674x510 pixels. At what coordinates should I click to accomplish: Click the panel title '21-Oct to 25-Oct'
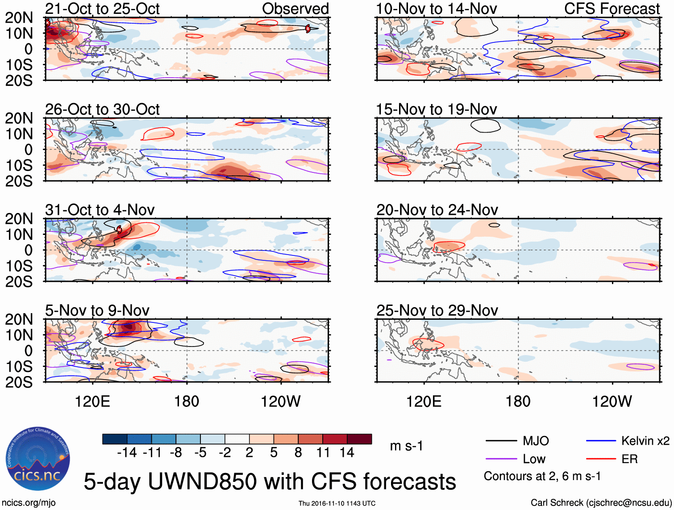102,8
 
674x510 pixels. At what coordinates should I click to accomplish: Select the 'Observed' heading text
295,8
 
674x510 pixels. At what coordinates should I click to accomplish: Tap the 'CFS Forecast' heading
612,8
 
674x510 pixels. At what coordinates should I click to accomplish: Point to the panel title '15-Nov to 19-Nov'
436,109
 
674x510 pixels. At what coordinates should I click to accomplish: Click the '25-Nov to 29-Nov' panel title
437,310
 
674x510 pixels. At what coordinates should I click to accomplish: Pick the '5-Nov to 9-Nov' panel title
97,310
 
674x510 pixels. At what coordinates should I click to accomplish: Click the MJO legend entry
536,441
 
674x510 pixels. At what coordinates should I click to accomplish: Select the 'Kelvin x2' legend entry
645,441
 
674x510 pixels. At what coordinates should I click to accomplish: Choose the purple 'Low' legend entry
534,459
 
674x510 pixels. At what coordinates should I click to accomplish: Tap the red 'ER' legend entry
629,459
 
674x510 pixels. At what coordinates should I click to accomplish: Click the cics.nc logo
38,459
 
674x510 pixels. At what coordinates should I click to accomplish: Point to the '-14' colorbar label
127,453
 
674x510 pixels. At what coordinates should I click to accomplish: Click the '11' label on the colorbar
323,453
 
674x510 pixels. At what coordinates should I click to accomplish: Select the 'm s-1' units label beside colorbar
406,446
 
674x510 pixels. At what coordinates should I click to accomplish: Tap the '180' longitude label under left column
187,401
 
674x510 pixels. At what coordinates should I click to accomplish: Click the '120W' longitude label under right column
612,401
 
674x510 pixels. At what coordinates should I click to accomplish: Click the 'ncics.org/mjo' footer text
29,503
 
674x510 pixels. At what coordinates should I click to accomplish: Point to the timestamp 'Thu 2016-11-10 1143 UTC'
337,504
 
